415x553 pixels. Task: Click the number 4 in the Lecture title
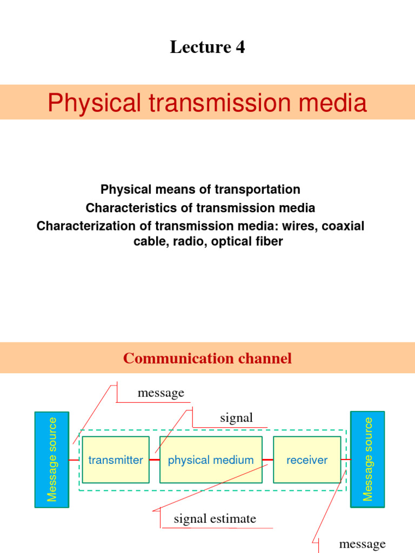pos(239,48)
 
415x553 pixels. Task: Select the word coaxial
pos(343,226)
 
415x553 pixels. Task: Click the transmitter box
pos(116,460)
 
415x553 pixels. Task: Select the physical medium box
pos(211,460)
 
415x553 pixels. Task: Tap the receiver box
pos(307,460)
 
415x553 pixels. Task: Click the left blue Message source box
pos(52,460)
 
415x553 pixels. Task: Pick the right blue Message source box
pos(367,460)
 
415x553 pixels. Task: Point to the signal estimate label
pos(215,519)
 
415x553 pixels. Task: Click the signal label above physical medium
pos(236,417)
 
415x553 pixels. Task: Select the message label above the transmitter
pos(160,393)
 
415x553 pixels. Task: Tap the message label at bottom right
pos(362,543)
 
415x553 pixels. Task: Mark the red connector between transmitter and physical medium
pos(155,460)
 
